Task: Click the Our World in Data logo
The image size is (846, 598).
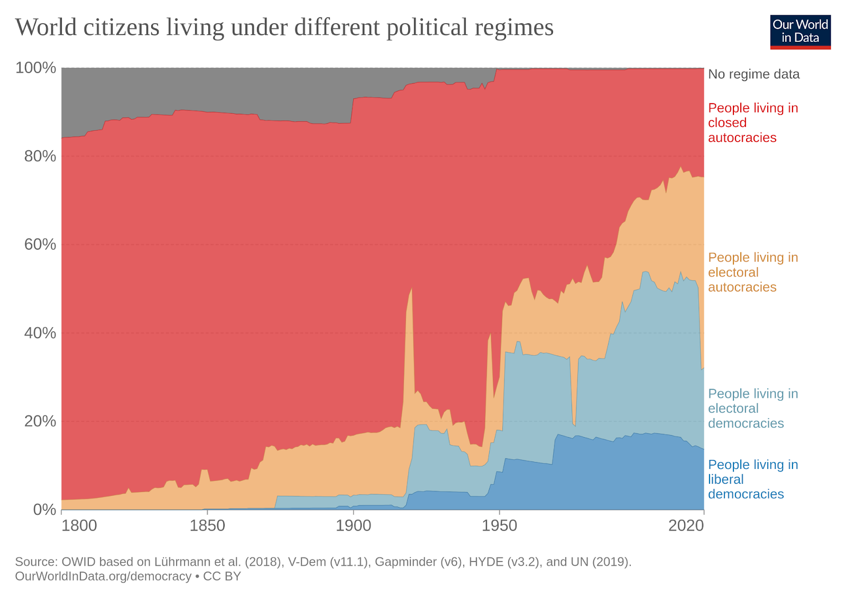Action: click(x=800, y=32)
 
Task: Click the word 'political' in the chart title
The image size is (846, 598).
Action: click(x=426, y=28)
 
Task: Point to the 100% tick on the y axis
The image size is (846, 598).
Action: click(x=36, y=68)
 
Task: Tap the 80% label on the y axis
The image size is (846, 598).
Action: click(x=40, y=156)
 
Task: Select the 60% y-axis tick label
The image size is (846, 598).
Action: click(x=40, y=244)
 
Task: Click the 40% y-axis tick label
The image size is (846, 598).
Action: click(x=40, y=333)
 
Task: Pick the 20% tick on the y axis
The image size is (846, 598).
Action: click(x=40, y=421)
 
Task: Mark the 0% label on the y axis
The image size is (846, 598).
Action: click(x=44, y=509)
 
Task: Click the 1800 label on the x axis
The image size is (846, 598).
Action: click(x=79, y=525)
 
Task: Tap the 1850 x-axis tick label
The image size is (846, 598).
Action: click(x=207, y=525)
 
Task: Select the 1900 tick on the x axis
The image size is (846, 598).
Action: click(x=354, y=525)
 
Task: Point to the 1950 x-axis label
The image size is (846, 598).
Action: click(x=500, y=525)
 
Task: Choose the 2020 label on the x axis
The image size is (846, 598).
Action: click(x=686, y=525)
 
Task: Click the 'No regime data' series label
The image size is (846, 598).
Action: click(x=753, y=74)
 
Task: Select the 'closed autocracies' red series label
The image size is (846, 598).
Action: click(x=752, y=123)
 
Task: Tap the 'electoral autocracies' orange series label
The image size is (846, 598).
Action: click(x=752, y=273)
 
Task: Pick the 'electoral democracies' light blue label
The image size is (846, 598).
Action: click(x=752, y=409)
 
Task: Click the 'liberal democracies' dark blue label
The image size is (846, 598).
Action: click(x=752, y=479)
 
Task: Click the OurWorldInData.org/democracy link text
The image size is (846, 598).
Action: click(x=103, y=576)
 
